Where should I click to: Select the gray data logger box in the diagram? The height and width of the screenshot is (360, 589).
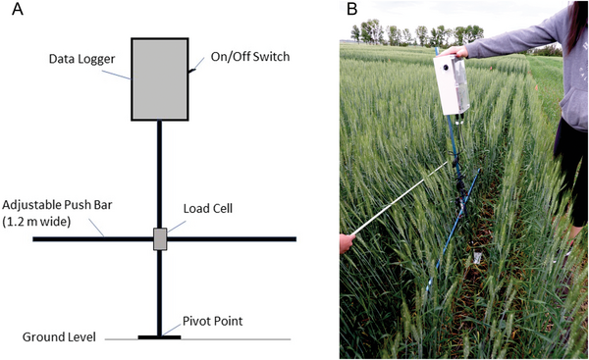click(x=158, y=78)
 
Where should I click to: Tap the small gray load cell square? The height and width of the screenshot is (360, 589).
click(x=160, y=238)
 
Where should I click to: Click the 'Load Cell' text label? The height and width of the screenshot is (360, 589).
click(x=206, y=208)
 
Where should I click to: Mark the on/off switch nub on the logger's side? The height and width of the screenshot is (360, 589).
click(x=191, y=70)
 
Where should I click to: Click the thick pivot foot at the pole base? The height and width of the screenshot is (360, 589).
click(x=159, y=336)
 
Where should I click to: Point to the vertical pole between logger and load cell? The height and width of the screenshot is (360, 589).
click(x=159, y=172)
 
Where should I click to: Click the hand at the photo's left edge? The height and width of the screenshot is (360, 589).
click(x=346, y=243)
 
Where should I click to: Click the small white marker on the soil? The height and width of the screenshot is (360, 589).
click(x=476, y=258)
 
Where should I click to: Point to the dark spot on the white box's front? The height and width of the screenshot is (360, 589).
click(x=445, y=70)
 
